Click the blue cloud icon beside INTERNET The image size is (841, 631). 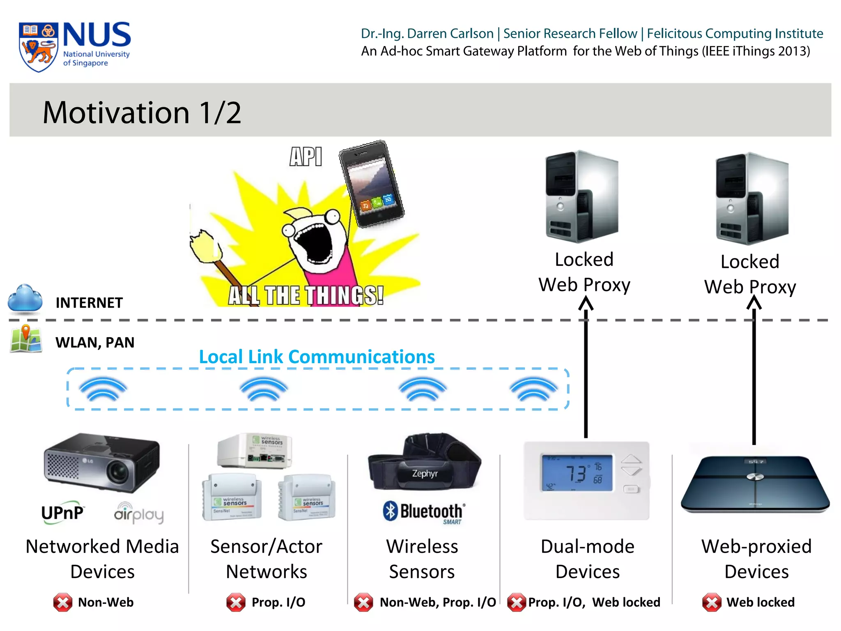point(25,297)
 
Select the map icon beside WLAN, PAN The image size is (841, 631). point(26,339)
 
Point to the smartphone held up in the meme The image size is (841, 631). point(371,183)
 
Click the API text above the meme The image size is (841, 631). point(306,157)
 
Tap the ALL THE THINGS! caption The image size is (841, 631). point(306,295)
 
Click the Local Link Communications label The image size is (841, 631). point(317,357)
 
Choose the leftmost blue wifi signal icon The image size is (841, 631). point(103,389)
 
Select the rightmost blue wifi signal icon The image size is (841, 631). point(533,389)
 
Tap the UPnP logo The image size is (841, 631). point(62,513)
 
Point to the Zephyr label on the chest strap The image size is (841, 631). point(425,473)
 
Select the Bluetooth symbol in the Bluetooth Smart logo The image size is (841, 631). point(391,511)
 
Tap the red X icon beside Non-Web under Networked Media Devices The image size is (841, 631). point(63,602)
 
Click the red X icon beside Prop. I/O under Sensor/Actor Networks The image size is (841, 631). point(236,602)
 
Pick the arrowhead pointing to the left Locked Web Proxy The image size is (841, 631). point(586,304)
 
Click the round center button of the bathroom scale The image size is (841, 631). point(755,477)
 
